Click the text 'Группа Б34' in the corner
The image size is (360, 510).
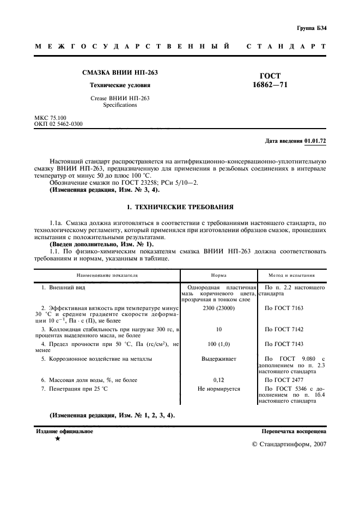(312, 28)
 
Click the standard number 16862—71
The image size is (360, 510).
(270, 86)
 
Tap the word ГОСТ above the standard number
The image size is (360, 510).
(271, 76)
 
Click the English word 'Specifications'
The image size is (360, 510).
(120, 105)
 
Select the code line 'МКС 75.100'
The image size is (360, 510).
(50, 118)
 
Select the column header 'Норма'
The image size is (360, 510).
(219, 276)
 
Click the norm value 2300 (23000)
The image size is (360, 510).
(218, 308)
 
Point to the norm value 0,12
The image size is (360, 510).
(218, 379)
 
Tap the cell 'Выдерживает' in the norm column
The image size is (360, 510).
(218, 359)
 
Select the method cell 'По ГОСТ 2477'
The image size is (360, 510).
(284, 379)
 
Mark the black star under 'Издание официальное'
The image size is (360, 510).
(57, 439)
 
